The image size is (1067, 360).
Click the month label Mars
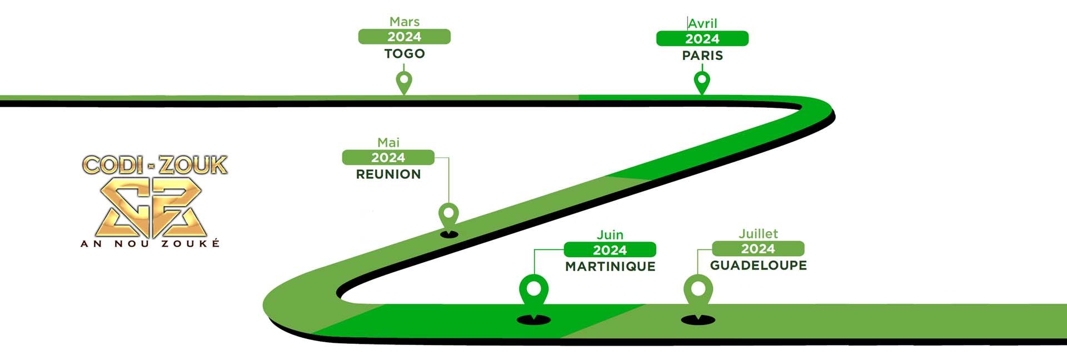404,22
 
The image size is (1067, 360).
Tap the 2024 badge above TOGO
404,37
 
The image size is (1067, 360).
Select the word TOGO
404,54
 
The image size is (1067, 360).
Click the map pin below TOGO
404,82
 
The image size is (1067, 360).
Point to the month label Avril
702,23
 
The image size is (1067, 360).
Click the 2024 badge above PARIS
702,39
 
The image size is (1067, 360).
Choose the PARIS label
702,56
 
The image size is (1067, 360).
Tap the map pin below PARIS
702,82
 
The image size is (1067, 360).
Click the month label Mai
388,143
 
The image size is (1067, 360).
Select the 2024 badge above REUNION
388,158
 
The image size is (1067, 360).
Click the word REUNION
388,174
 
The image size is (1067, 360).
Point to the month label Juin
610,235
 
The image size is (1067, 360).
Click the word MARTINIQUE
610,267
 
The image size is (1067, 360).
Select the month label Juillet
758,234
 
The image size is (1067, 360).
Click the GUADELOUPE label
758,266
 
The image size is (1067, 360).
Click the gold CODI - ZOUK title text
154,166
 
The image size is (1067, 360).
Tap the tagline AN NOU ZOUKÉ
150,243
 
